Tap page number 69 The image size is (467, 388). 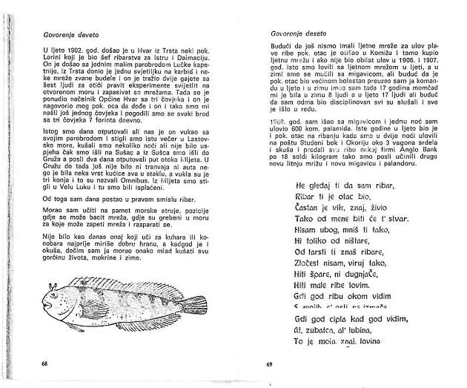click(x=270, y=365)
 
